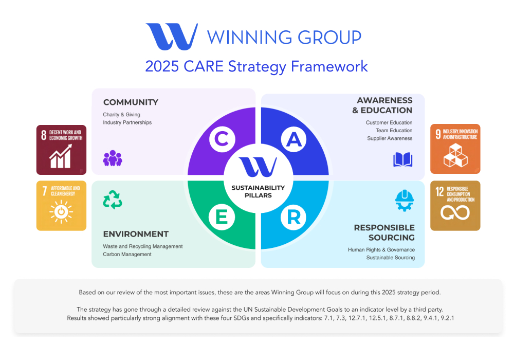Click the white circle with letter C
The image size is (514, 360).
point(222,139)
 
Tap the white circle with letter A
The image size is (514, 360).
point(293,139)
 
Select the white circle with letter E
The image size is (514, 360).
point(222,217)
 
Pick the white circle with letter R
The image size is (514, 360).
point(293,217)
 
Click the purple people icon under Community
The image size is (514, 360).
point(113,158)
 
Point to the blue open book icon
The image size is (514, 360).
point(402,159)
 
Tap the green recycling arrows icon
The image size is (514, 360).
point(113,200)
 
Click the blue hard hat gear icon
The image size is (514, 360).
point(404,201)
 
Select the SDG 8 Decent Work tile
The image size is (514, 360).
point(61,150)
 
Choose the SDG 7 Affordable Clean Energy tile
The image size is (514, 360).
point(61,206)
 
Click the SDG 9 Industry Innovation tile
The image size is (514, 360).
point(455,149)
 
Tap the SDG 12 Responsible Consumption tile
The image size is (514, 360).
point(455,206)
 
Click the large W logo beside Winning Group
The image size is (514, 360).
point(172,37)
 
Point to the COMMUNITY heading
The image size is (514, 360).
point(131,102)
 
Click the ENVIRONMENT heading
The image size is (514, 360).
point(136,234)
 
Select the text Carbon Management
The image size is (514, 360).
point(127,254)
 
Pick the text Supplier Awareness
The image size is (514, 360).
point(390,138)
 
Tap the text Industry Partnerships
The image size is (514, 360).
point(127,122)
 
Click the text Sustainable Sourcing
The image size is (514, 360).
point(391,258)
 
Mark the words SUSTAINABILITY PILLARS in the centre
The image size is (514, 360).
point(258,191)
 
